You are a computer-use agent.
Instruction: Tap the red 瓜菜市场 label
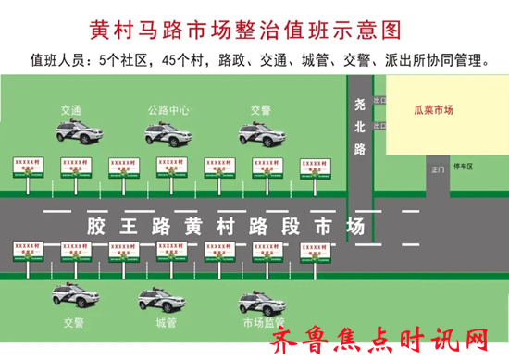[434, 109]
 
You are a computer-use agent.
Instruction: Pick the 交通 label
[70, 109]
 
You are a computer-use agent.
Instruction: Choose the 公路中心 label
[168, 109]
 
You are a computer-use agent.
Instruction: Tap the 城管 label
[167, 323]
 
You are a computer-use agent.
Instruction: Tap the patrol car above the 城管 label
[163, 300]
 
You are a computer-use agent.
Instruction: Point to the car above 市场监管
[262, 300]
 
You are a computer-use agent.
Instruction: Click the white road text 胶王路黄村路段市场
[225, 227]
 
